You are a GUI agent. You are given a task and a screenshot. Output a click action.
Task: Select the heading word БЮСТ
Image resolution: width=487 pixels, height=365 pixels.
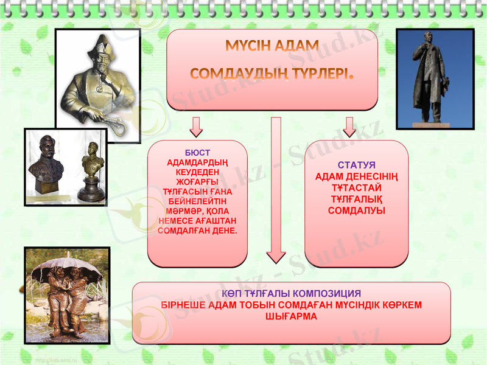(197, 152)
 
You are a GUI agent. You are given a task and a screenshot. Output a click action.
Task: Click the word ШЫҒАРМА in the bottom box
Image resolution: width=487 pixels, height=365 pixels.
(292, 316)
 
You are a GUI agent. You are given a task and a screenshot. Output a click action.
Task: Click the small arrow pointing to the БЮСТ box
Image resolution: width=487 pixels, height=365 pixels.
(196, 126)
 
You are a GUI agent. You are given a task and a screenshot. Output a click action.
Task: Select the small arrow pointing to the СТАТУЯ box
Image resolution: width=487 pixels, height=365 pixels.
(349, 126)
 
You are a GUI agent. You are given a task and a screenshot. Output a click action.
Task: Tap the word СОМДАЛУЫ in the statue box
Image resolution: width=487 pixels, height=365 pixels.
(356, 210)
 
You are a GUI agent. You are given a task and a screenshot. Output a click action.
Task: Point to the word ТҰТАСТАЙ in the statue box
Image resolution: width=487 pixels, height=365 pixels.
(356, 188)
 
